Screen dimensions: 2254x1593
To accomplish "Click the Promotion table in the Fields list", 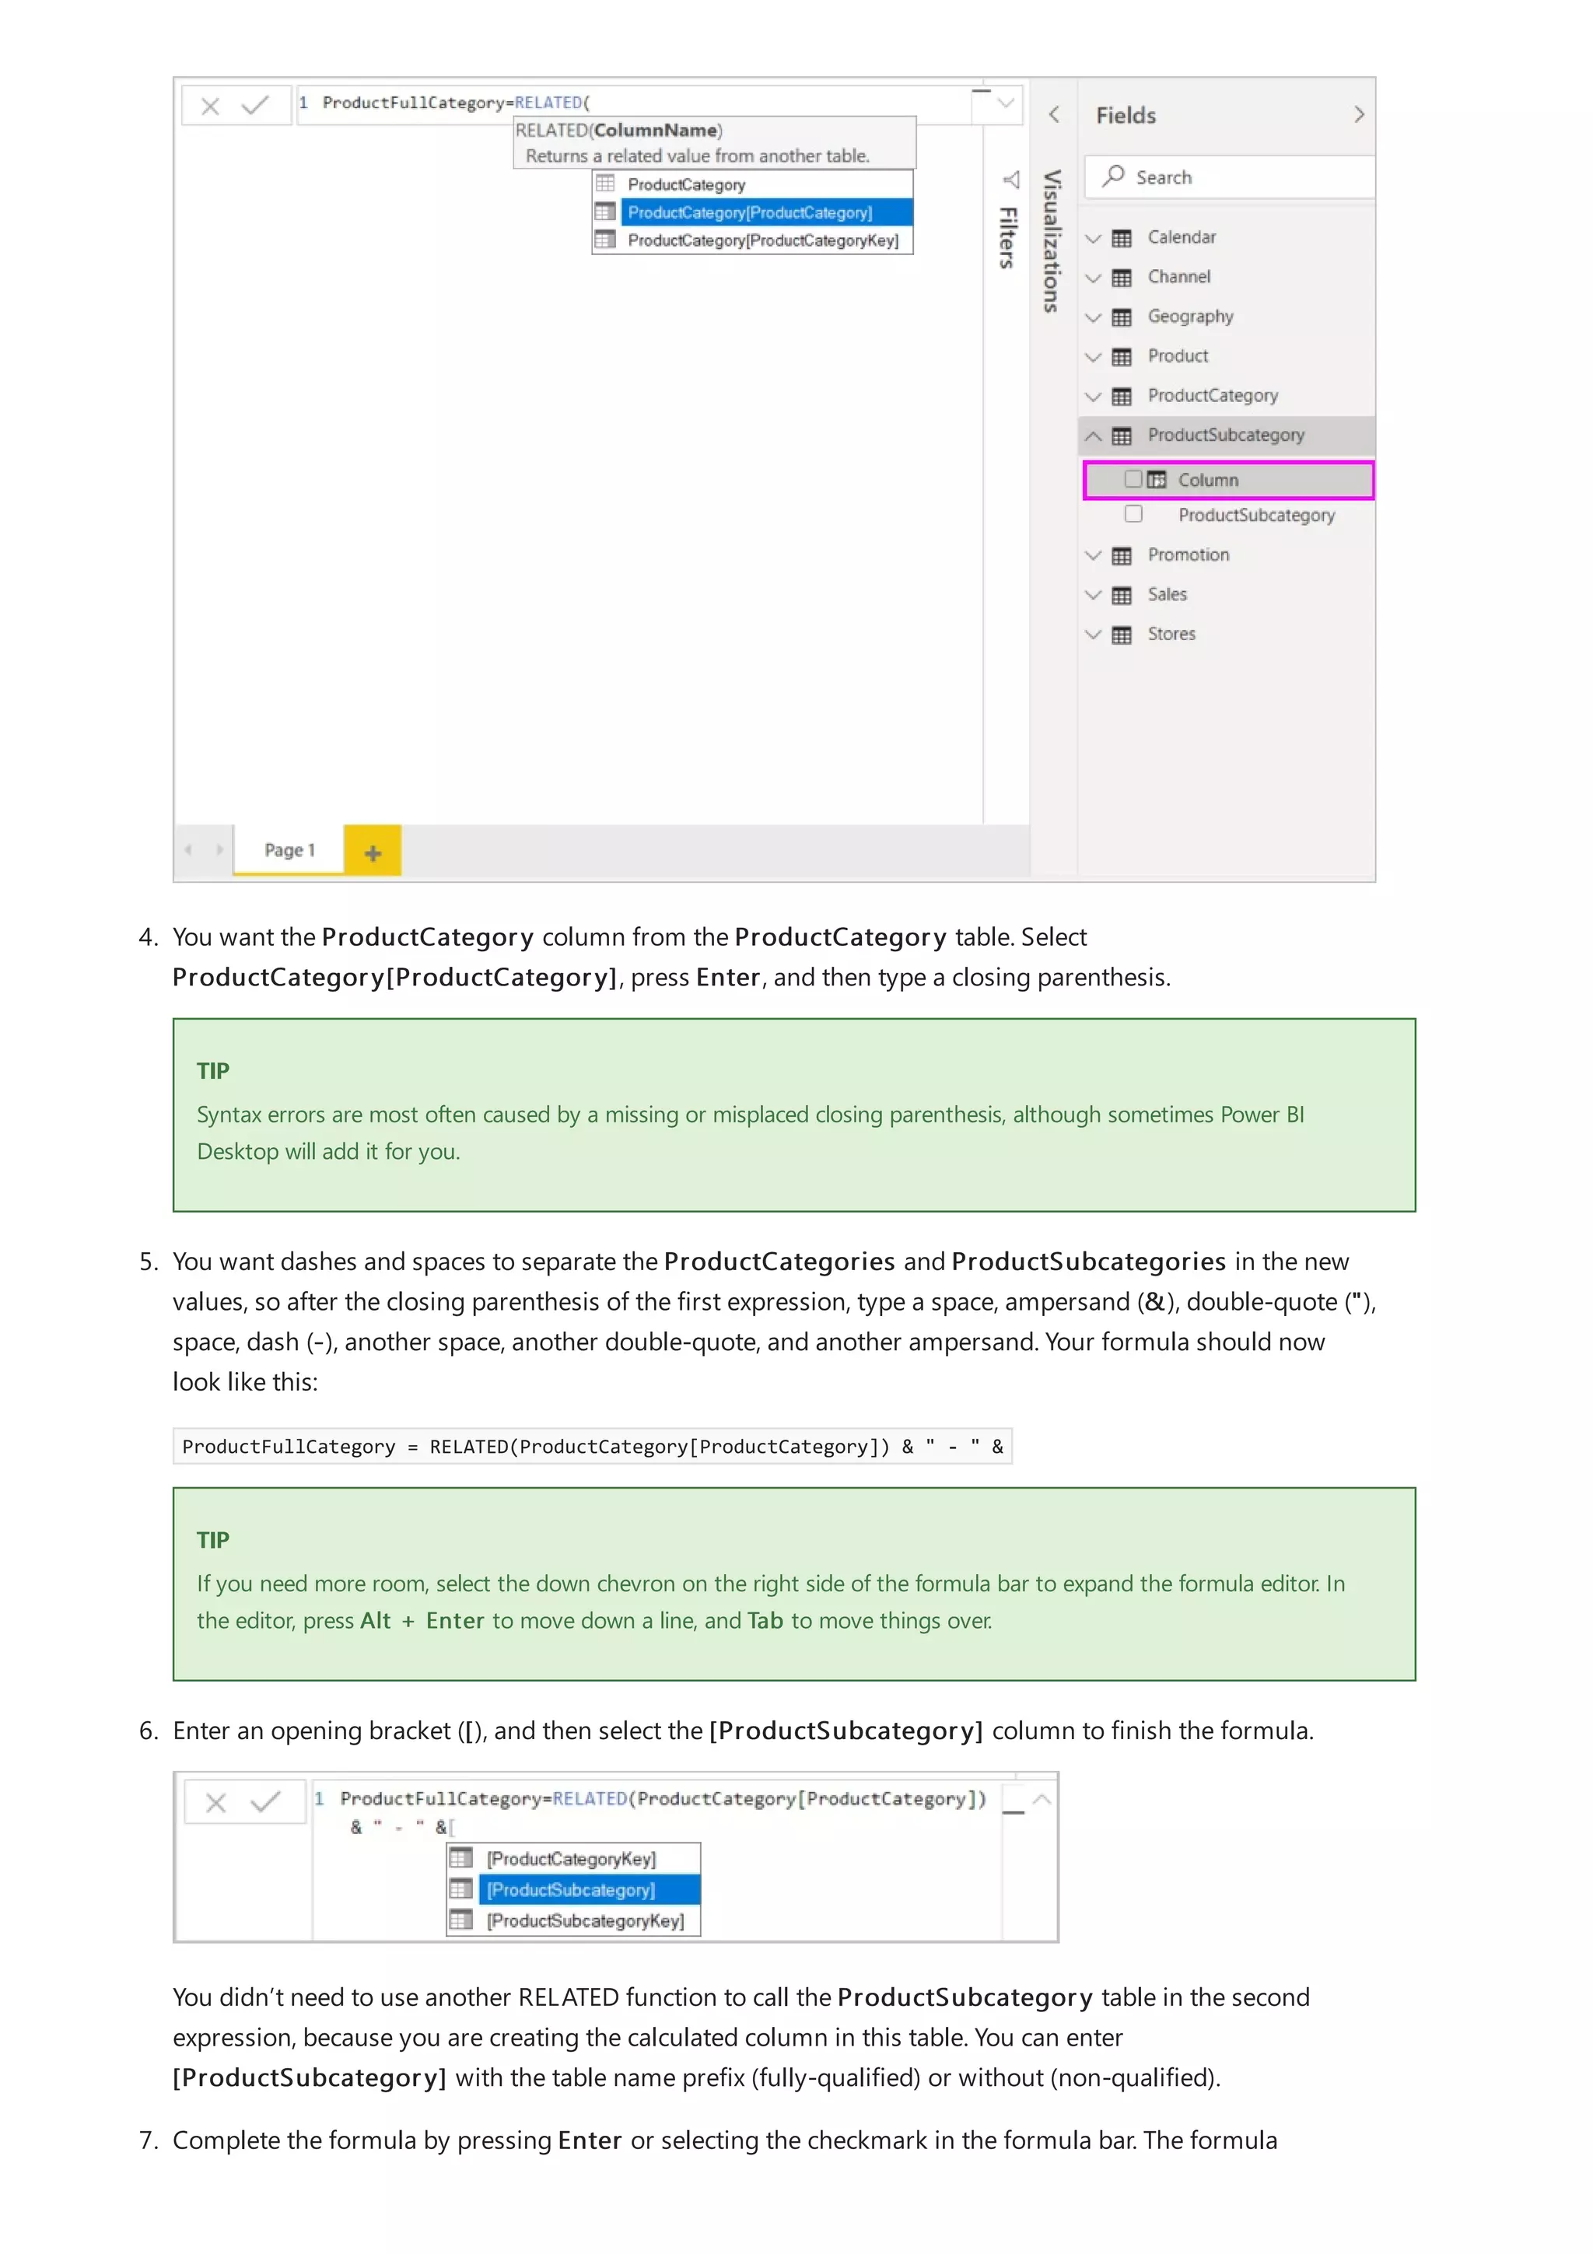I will tap(1188, 555).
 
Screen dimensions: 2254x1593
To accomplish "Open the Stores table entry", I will tap(1171, 634).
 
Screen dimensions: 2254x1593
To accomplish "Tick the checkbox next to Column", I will tap(1133, 479).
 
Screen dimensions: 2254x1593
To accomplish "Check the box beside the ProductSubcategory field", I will tap(1133, 514).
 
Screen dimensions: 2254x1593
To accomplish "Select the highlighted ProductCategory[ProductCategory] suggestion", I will tap(750, 212).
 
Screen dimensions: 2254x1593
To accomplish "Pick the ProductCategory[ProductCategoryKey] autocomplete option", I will tap(761, 240).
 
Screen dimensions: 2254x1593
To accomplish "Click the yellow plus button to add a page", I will tap(372, 852).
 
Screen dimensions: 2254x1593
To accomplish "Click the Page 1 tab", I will tap(289, 850).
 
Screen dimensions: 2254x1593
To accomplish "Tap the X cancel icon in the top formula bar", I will tap(210, 106).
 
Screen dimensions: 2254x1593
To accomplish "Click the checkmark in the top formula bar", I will tap(255, 105).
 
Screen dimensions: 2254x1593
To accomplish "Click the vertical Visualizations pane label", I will tap(1051, 241).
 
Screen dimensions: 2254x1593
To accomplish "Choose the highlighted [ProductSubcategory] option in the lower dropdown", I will tap(571, 1890).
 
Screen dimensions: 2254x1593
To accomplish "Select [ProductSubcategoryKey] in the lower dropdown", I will tap(585, 1920).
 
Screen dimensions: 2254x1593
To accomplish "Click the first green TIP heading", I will tap(213, 1071).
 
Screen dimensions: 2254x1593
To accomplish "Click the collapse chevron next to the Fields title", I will tap(1358, 115).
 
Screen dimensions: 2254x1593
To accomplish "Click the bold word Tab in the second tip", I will tap(765, 1621).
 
